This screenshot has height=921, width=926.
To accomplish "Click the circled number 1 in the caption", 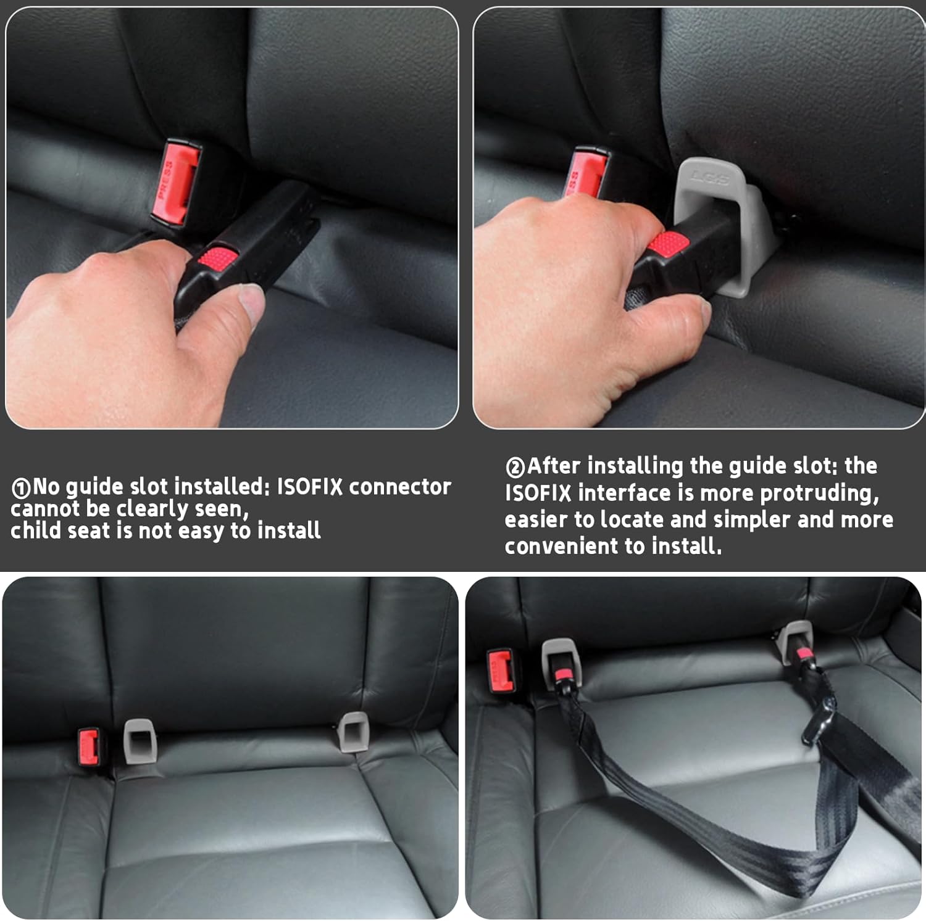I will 20,489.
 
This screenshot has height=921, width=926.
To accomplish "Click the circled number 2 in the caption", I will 515,468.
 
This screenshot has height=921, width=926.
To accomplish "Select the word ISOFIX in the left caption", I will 309,487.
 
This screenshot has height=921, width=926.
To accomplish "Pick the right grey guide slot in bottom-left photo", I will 354,732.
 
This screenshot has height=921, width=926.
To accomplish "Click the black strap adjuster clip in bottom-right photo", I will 818,722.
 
